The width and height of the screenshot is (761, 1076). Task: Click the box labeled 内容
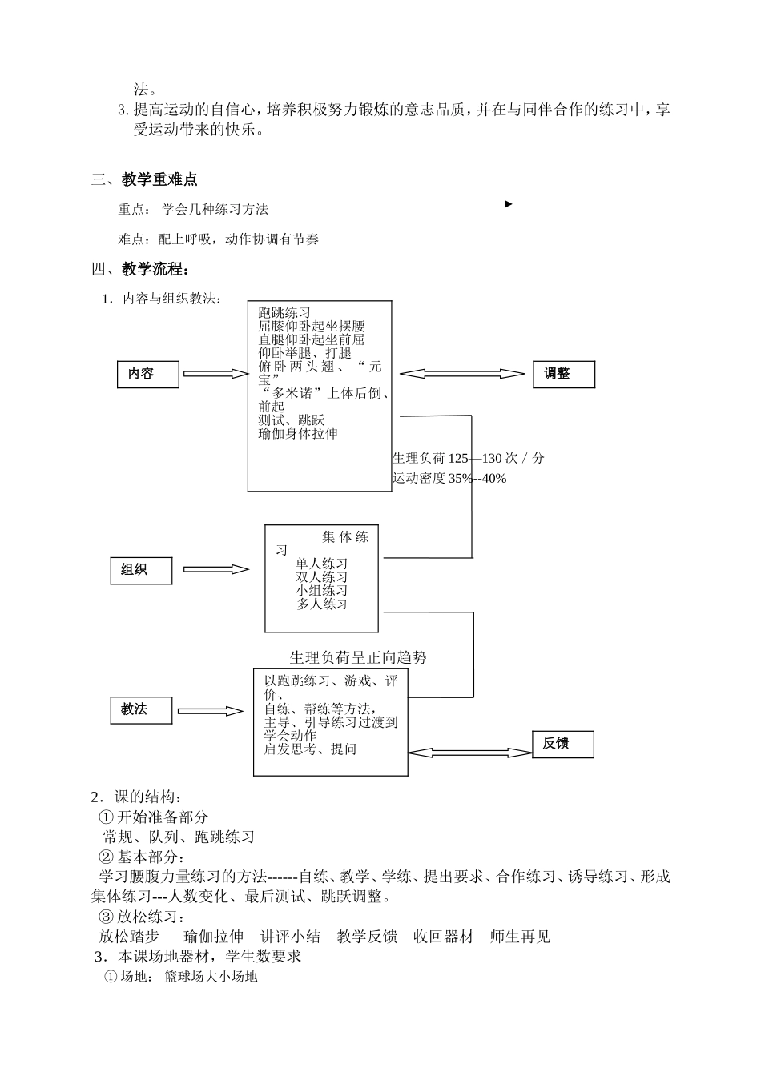point(148,374)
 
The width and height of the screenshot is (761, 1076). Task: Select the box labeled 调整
point(564,374)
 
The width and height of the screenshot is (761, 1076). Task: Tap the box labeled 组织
point(141,570)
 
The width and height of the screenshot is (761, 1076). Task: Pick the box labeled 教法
point(141,709)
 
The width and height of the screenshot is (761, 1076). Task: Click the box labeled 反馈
point(563,744)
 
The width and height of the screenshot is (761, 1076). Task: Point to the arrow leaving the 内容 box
point(216,374)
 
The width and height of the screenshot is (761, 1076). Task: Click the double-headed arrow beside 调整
point(462,374)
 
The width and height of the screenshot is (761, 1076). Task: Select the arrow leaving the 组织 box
point(216,569)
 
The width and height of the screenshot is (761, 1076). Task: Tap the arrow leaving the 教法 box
point(210,711)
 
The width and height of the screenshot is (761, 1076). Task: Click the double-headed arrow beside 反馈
point(470,753)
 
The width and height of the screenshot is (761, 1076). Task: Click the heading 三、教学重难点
point(144,179)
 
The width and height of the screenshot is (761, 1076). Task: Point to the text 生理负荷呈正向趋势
point(358,658)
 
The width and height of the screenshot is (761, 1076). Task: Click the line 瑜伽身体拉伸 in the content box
point(298,434)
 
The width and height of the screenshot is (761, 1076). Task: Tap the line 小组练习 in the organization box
point(322,591)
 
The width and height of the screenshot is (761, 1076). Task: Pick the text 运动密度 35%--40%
point(449,479)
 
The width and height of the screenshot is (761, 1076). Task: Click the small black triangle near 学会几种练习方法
point(508,204)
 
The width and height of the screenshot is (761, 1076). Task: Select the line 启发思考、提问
point(310,749)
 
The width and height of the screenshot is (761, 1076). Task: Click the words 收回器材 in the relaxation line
point(443,937)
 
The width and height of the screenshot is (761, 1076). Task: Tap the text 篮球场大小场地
point(211,977)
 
